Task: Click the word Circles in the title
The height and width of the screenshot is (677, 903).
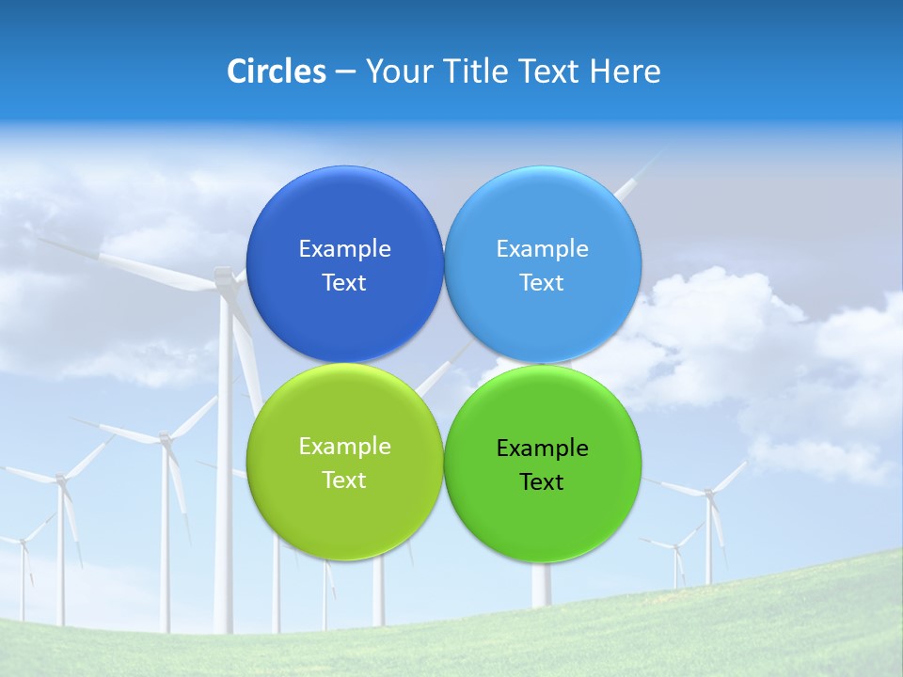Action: (x=276, y=71)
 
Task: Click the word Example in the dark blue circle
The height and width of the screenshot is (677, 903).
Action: (x=344, y=249)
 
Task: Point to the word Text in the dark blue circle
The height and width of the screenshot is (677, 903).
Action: (x=344, y=283)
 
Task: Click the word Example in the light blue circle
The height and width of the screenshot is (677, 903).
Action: (x=543, y=249)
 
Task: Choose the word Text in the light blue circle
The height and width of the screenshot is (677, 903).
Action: (x=543, y=283)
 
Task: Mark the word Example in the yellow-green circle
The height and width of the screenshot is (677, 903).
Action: (x=344, y=447)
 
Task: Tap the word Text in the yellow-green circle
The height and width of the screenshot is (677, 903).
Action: (x=344, y=480)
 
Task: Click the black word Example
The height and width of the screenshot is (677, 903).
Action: (x=543, y=449)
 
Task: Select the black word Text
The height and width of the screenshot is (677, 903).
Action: (x=543, y=482)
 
